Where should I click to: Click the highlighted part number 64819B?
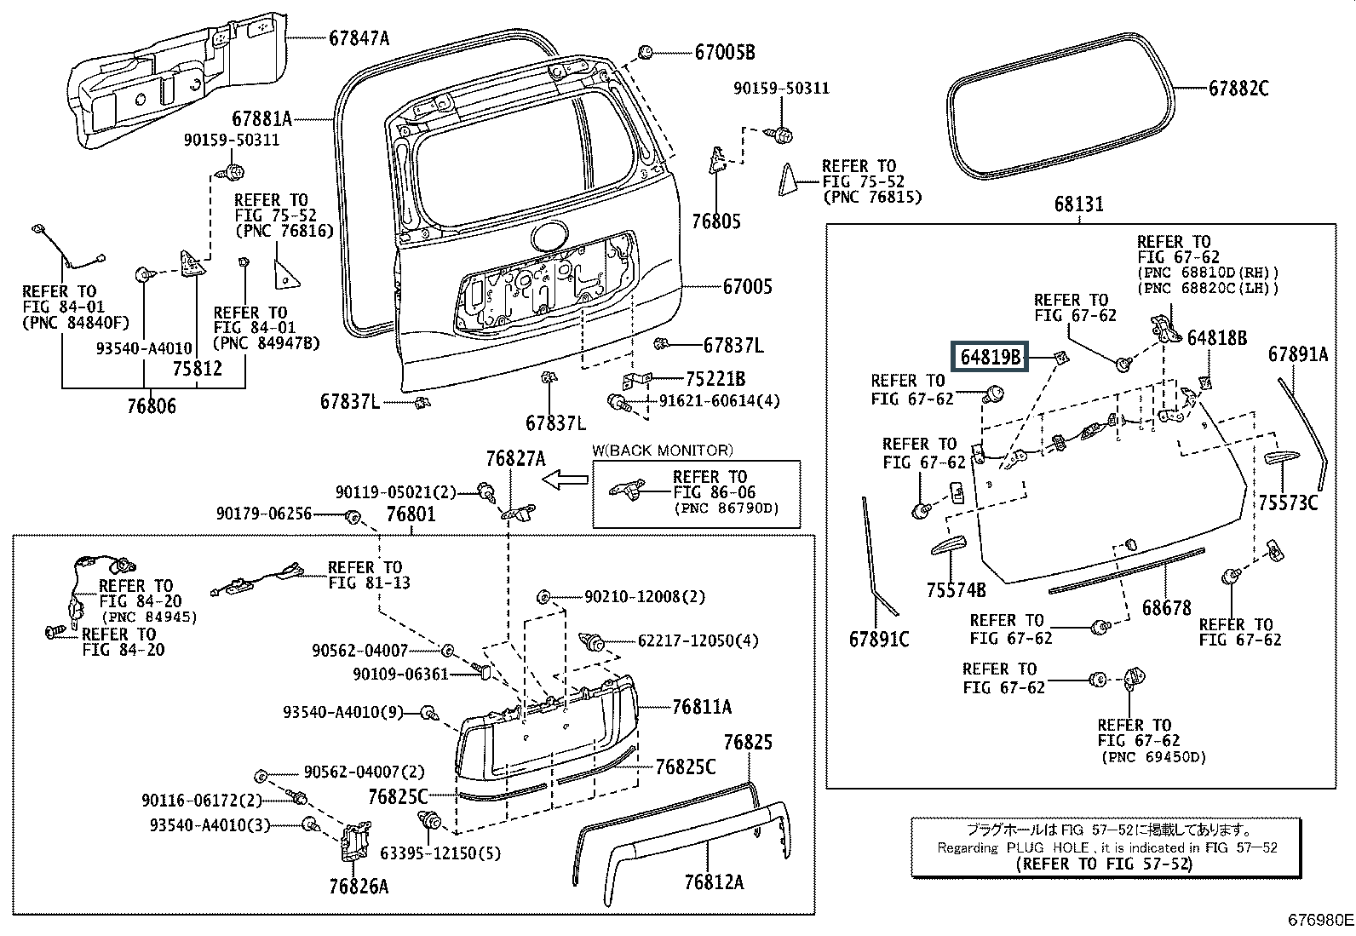(991, 357)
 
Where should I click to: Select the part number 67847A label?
(359, 37)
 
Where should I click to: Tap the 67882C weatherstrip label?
(1238, 88)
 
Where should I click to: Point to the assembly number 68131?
(1078, 204)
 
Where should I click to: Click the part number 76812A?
(713, 881)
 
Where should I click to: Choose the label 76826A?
(359, 887)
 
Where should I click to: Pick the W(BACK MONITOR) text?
(662, 451)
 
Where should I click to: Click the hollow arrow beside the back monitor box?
(565, 481)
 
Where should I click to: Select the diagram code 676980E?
(1319, 921)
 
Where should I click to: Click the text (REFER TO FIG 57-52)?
(1105, 864)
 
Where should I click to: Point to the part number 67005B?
(725, 52)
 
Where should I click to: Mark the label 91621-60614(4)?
(719, 401)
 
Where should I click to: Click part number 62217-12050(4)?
(698, 640)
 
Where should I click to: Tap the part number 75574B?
(957, 589)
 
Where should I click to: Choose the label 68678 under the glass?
(1167, 607)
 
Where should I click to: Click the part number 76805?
(716, 221)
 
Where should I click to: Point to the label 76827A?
(515, 459)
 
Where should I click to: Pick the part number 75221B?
(715, 379)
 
